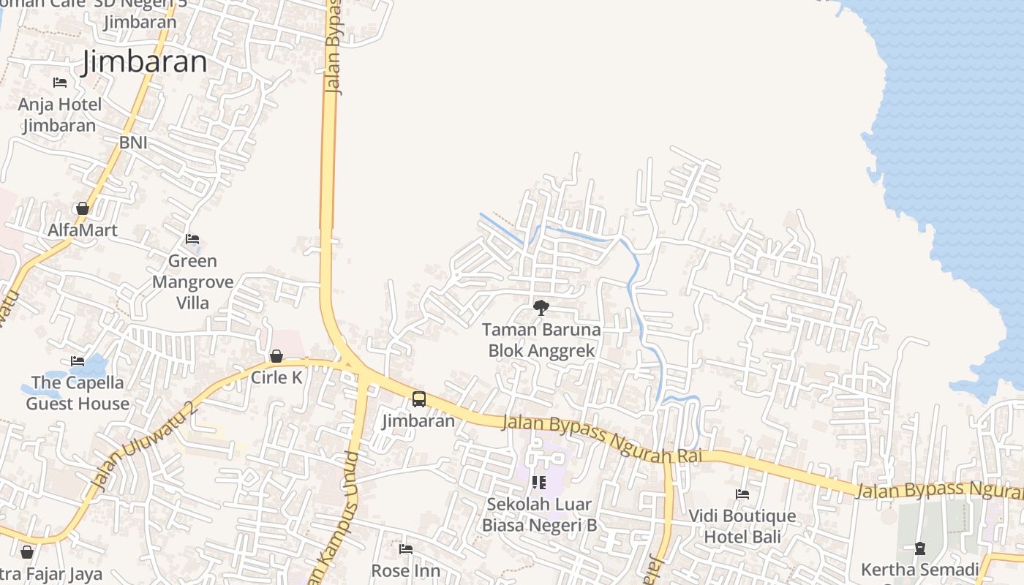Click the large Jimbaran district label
[x=145, y=62]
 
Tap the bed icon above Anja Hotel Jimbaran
[x=60, y=83]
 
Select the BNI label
[x=133, y=143]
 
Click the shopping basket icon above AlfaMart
[x=83, y=209]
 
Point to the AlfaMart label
[x=83, y=230]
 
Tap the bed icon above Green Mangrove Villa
[x=192, y=239]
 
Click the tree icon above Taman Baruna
[x=541, y=308]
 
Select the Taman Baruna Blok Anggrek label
[x=541, y=340]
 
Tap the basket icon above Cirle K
[x=276, y=356]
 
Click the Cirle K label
[x=276, y=377]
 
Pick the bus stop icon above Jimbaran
[x=419, y=399]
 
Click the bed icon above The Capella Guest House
[x=78, y=361]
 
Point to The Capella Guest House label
[x=78, y=393]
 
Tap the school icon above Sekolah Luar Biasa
[x=539, y=483]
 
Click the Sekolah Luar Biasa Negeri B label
[x=539, y=515]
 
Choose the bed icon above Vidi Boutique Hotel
[x=742, y=494]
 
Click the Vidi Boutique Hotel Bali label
[x=742, y=526]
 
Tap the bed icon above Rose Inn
[x=406, y=549]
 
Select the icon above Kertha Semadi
[x=920, y=548]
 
